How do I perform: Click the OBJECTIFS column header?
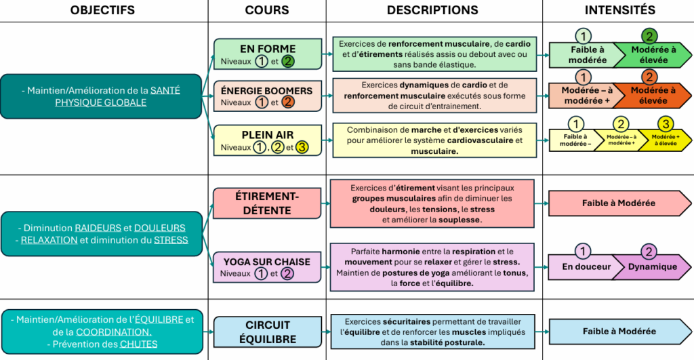102,10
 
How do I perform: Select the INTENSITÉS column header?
619,10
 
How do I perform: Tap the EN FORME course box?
268,54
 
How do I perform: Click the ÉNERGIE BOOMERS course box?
268,96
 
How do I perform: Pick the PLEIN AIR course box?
268,140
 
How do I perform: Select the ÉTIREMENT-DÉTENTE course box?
267,203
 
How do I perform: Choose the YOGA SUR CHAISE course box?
267,267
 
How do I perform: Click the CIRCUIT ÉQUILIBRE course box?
268,332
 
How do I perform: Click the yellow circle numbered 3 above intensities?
666,123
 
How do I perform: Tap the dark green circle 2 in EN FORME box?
287,61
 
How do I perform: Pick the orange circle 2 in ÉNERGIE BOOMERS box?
287,102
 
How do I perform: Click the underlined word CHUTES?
138,344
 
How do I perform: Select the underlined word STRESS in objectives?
171,240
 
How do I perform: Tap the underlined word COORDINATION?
114,332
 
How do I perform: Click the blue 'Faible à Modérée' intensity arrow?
619,332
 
